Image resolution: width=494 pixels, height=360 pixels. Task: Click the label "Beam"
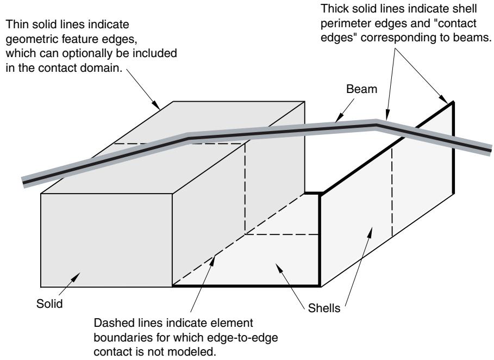pyautogui.click(x=361, y=89)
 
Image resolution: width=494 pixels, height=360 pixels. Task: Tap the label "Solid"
pyautogui.click(x=49, y=304)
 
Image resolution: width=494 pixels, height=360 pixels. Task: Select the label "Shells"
pyautogui.click(x=324, y=308)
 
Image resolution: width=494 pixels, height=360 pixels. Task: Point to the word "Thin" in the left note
pyautogui.click(x=16, y=24)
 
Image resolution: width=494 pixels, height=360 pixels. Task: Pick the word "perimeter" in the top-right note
pyautogui.click(x=343, y=23)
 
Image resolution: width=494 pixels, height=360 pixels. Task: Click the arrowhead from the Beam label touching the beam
pyautogui.click(x=339, y=119)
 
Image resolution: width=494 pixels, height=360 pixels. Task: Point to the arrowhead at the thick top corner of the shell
pyautogui.click(x=443, y=99)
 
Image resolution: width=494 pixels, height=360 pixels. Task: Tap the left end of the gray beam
pyautogui.click(x=23, y=182)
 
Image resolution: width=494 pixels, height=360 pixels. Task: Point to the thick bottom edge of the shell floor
pyautogui.click(x=246, y=286)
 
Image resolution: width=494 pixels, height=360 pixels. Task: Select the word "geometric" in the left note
pyautogui.click(x=31, y=39)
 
